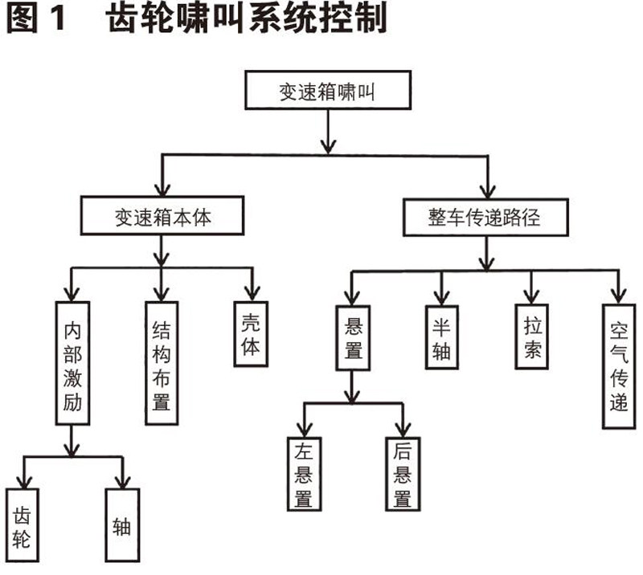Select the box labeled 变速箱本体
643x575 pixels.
tap(162, 217)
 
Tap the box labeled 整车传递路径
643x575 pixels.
tap(487, 217)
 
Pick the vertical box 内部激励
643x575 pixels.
tap(73, 362)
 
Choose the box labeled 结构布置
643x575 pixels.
tap(161, 362)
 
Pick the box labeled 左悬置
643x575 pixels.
tap(304, 474)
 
